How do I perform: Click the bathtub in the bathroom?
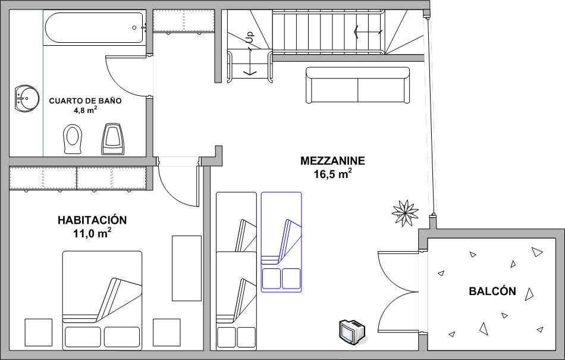tap(95, 28)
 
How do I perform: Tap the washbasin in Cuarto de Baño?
tap(27, 98)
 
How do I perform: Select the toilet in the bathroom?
tap(73, 139)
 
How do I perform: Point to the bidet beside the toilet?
tap(113, 139)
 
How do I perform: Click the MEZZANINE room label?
tap(332, 161)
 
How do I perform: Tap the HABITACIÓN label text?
tap(92, 220)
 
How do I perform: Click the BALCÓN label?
tap(492, 291)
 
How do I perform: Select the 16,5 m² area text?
tap(332, 174)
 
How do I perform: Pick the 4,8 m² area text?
tap(86, 110)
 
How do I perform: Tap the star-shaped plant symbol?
tap(406, 213)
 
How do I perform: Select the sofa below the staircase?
tap(358, 85)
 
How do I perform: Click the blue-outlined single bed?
tap(281, 242)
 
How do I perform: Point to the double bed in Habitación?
tap(102, 300)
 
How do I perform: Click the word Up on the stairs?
tap(250, 37)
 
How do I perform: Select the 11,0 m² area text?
tap(92, 233)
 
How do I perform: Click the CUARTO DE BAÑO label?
tap(86, 101)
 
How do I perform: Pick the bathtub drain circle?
tap(134, 28)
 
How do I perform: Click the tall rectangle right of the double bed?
tap(187, 268)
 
